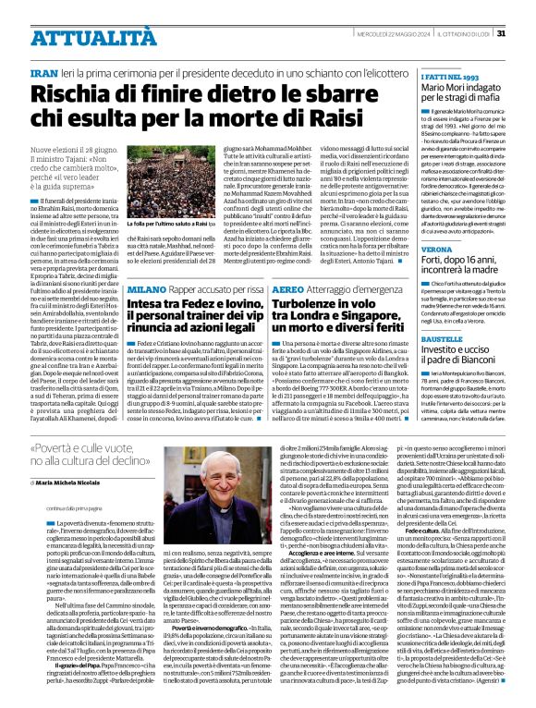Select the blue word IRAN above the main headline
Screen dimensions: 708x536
tap(44, 45)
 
